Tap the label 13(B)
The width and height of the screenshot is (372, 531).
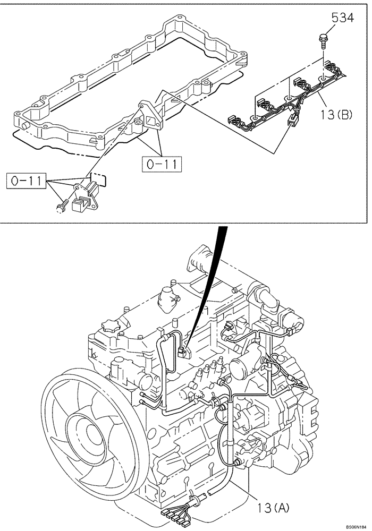(x=336, y=114)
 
